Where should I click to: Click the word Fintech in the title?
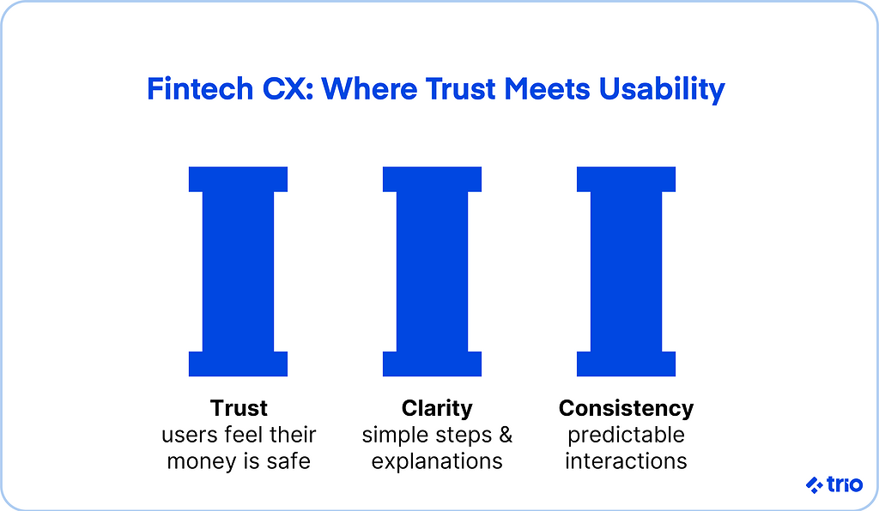click(x=200, y=89)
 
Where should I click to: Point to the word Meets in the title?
click(x=547, y=89)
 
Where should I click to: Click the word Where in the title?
click(x=369, y=89)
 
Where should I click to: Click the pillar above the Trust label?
click(x=239, y=272)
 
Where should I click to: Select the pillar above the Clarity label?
click(x=433, y=272)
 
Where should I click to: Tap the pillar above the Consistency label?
click(x=626, y=272)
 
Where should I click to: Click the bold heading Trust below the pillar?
click(x=239, y=409)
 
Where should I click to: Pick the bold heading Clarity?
click(x=437, y=409)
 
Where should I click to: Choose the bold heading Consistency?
click(x=626, y=409)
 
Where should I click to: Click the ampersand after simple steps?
click(x=506, y=435)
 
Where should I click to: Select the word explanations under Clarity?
click(x=437, y=462)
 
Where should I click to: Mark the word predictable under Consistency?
click(x=626, y=436)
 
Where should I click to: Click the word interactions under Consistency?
click(x=626, y=462)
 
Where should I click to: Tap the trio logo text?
click(x=845, y=484)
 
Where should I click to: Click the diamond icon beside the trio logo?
click(x=814, y=484)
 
